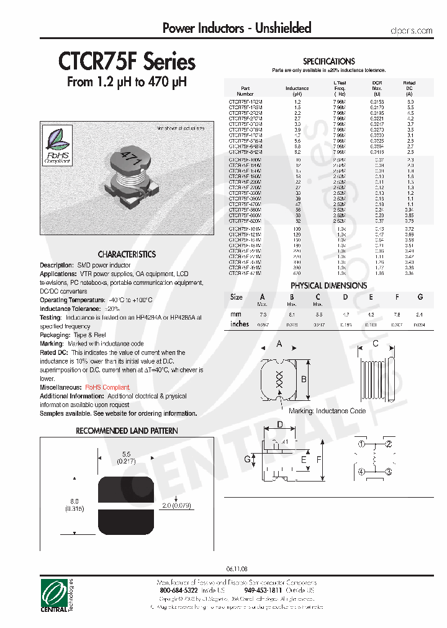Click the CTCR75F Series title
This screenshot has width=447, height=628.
click(127, 62)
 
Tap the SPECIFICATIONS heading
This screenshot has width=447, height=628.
click(328, 61)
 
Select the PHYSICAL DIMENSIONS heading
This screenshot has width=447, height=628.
click(328, 285)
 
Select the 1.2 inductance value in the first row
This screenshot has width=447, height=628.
click(297, 101)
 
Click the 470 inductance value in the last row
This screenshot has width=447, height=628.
click(297, 273)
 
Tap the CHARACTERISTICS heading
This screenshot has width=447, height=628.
click(127, 254)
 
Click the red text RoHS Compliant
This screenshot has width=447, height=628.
click(108, 387)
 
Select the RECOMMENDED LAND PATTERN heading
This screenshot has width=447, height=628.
click(127, 431)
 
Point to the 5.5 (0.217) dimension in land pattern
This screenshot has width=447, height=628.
click(126, 457)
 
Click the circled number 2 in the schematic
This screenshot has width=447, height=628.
click(389, 444)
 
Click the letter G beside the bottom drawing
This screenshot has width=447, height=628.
click(246, 459)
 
